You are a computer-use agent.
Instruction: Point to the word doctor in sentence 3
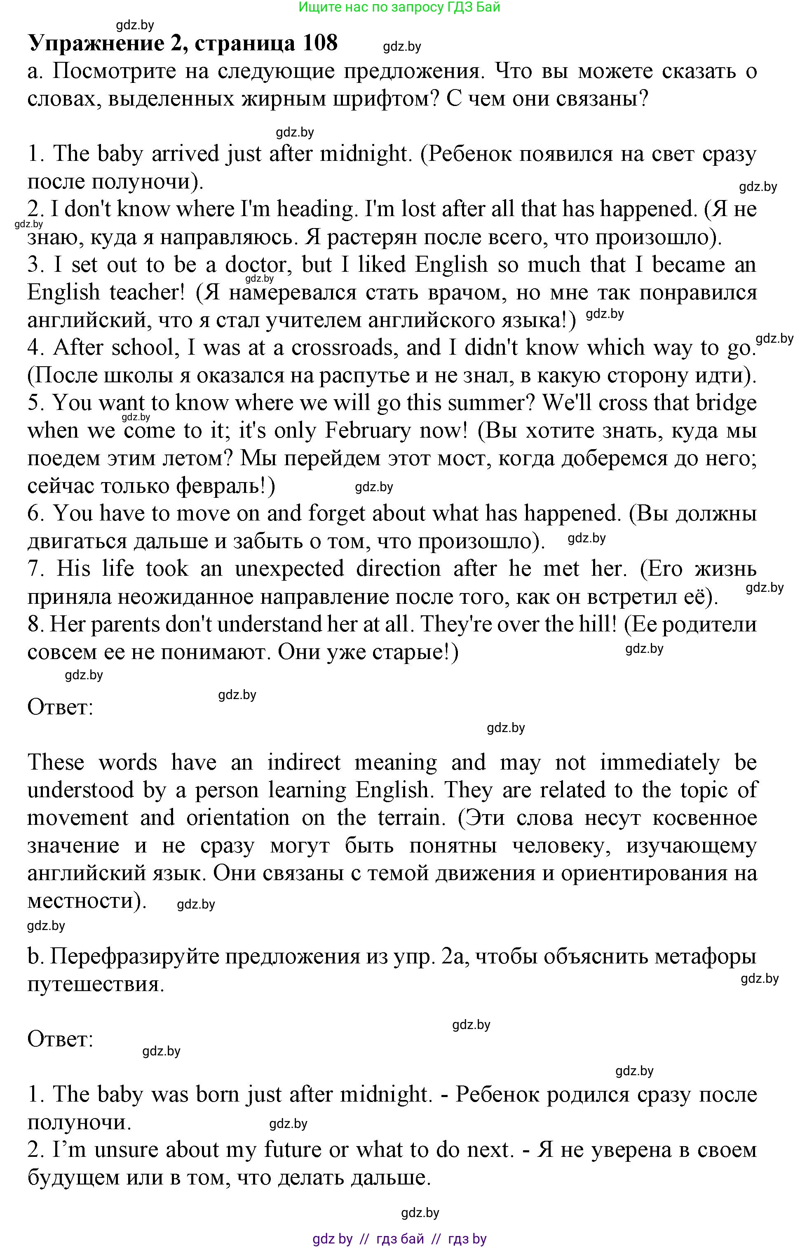tap(256, 264)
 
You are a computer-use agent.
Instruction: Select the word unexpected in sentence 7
tap(289, 569)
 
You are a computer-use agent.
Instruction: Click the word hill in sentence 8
tap(594, 624)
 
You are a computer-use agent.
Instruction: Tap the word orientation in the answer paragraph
tap(237, 817)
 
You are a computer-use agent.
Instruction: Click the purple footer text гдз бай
tap(399, 1239)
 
